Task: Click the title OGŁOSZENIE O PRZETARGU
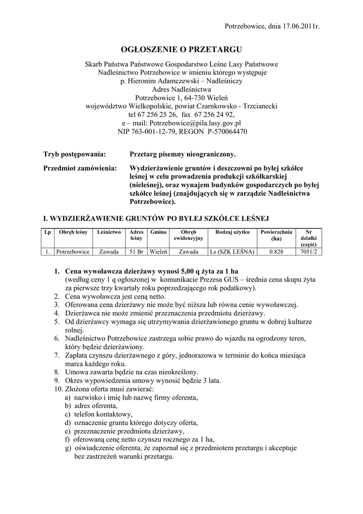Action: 181,49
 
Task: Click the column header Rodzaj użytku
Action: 233,232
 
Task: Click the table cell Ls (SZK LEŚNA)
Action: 233,251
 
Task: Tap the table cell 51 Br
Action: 137,251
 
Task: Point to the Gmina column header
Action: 158,232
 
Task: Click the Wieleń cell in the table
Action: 158,251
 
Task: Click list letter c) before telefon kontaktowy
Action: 67,414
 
